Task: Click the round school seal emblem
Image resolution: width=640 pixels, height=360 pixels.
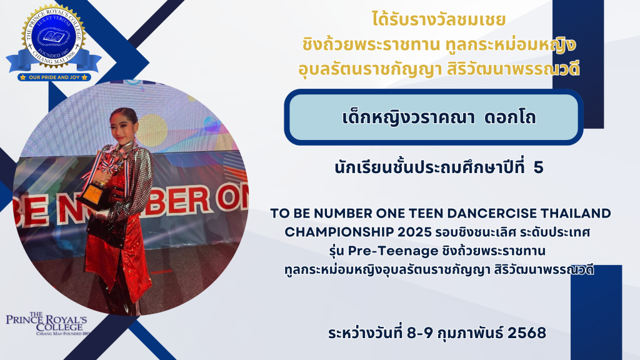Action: pos(54,36)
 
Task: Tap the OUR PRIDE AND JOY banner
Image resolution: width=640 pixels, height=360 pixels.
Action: pos(54,77)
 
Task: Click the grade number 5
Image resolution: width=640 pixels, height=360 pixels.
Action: pos(538,167)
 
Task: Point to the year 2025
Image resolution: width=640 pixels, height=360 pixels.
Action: pos(414,232)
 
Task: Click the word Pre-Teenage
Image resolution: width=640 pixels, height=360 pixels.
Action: pos(393,251)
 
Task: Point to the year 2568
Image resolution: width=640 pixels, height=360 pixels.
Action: pos(527,332)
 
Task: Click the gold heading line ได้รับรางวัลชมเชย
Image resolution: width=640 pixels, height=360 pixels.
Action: pos(439,20)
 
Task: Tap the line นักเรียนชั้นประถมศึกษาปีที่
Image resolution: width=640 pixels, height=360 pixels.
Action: pos(429,167)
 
